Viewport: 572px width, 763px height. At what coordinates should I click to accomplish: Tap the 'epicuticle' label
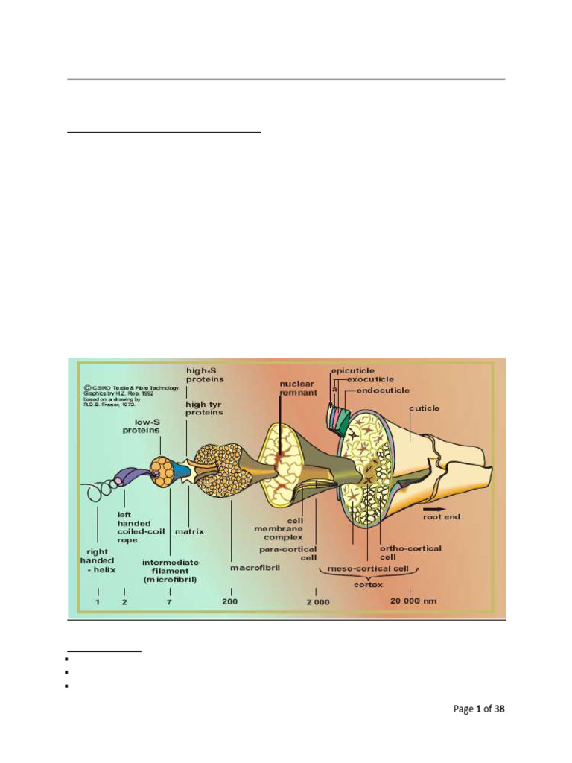click(x=353, y=370)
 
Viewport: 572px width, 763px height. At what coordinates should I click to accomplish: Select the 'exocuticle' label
click(x=372, y=379)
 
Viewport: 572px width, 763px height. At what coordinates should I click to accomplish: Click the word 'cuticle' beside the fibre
click(x=424, y=408)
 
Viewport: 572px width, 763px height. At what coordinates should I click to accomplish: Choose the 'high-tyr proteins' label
click(x=204, y=408)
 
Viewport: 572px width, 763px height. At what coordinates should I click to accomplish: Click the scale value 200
click(x=229, y=601)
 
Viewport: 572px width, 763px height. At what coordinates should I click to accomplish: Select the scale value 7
click(x=169, y=601)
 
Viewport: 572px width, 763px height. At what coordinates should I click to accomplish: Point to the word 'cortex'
click(x=368, y=585)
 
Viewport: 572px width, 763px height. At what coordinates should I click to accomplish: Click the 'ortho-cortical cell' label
click(x=410, y=552)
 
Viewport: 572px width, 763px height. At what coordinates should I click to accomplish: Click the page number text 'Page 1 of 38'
click(x=479, y=709)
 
